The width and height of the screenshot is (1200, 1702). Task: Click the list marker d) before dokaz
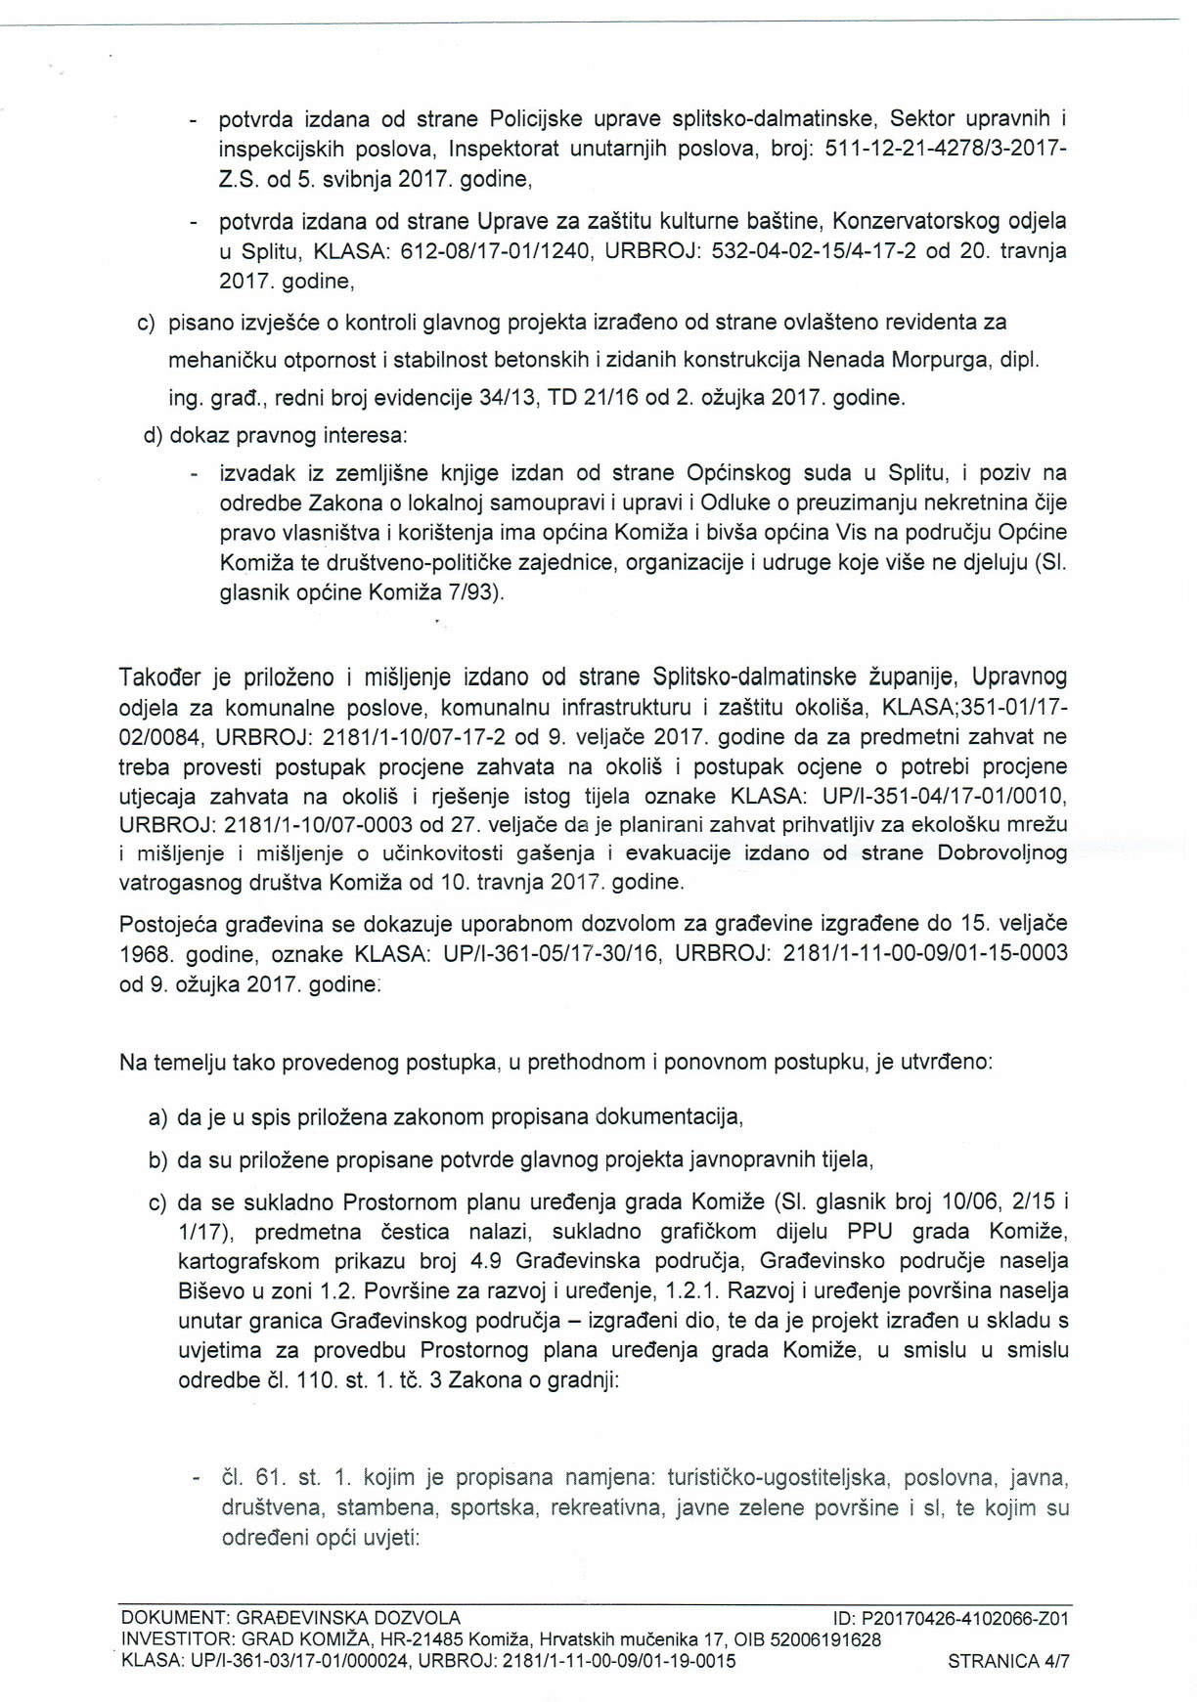tap(154, 435)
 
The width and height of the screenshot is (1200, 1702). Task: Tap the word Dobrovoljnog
tap(1001, 852)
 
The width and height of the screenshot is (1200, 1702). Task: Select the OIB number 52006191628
tap(829, 1639)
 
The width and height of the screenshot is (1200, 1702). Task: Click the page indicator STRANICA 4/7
tap(1008, 1661)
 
